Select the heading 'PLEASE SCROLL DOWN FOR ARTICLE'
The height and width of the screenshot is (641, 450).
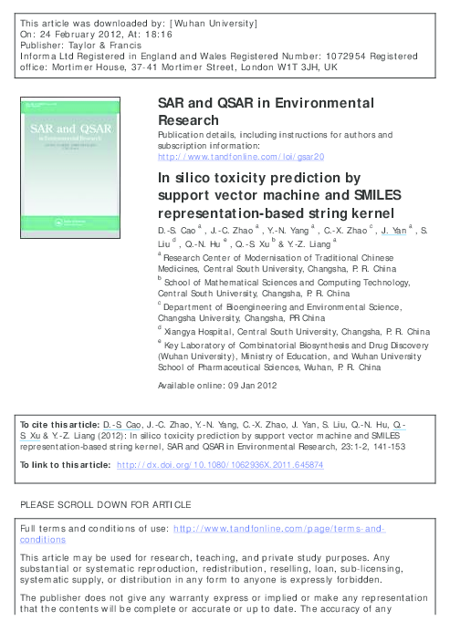click(105, 504)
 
